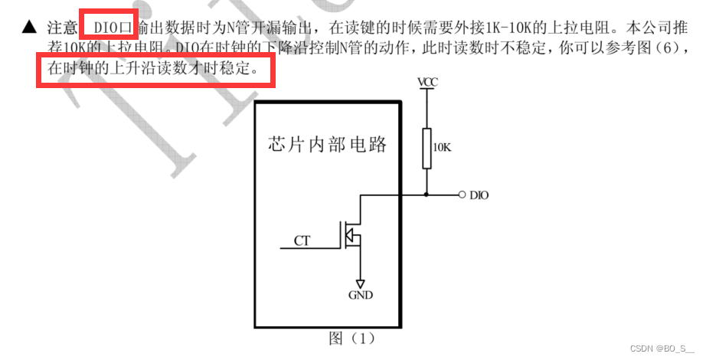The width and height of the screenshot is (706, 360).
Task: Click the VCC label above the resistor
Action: tap(428, 81)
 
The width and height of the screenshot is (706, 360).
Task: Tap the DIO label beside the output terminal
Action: tap(479, 195)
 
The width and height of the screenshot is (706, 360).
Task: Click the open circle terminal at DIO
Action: tap(462, 195)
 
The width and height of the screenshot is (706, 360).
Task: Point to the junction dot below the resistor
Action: tap(428, 195)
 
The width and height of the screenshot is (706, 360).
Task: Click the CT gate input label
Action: tap(302, 241)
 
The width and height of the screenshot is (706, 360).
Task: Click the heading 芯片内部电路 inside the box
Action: tap(328, 144)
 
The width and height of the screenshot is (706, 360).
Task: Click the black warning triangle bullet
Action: tap(29, 28)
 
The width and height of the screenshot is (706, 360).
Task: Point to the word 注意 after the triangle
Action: tap(62, 28)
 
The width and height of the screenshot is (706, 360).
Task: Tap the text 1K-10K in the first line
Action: tap(510, 28)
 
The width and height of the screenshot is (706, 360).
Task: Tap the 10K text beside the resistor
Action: tap(443, 146)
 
